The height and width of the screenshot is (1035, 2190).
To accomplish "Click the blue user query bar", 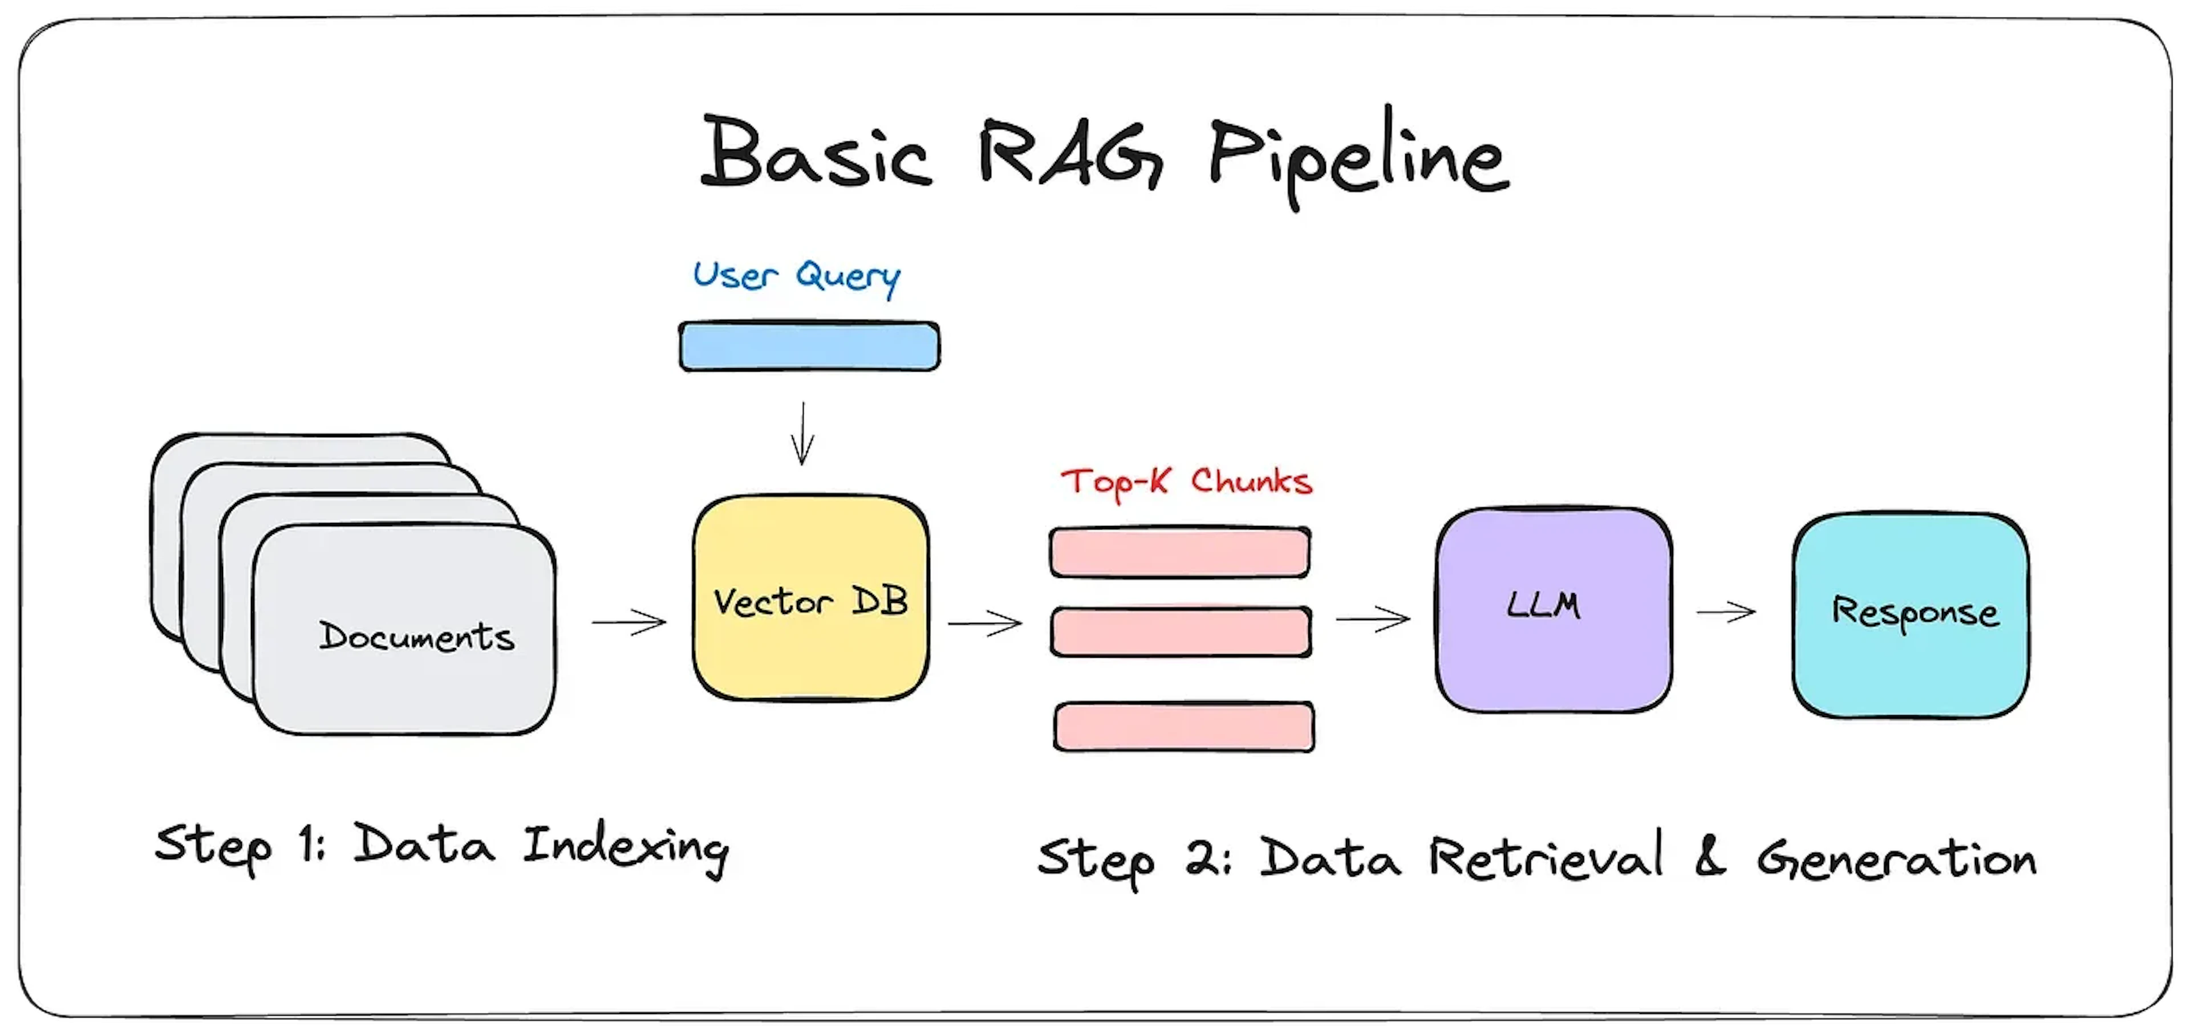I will pyautogui.click(x=809, y=346).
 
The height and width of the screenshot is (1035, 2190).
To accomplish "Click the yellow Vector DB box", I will pyautogui.click(x=810, y=599).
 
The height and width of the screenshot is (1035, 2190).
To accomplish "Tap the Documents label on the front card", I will pyautogui.click(x=416, y=637).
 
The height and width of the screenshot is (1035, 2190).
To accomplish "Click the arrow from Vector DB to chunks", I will pyautogui.click(x=984, y=623).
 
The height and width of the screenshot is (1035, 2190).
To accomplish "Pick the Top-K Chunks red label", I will pyautogui.click(x=1186, y=482).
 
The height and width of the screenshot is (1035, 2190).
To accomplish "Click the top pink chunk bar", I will pyautogui.click(x=1179, y=552).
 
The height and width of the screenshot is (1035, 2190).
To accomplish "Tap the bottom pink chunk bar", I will pyautogui.click(x=1183, y=727).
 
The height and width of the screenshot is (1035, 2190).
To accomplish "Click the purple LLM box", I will pyautogui.click(x=1553, y=609).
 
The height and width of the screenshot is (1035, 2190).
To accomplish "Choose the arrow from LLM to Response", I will pyautogui.click(x=1725, y=611).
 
